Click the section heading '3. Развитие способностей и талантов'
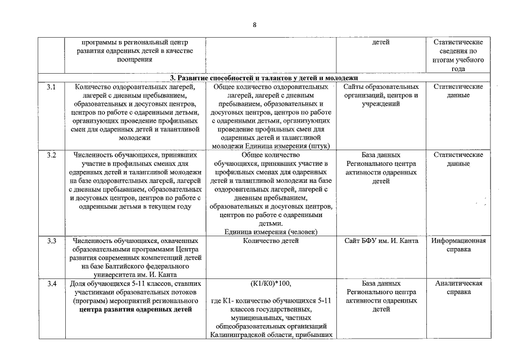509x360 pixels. [264, 78]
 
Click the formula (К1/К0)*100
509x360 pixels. [271, 283]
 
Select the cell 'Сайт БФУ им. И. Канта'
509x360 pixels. [381, 241]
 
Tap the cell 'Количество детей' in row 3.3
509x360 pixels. [271, 241]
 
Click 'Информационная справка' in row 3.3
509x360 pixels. [458, 245]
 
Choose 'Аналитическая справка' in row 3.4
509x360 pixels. [458, 288]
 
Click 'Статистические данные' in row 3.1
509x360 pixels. [458, 91]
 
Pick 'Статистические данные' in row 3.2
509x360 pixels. [458, 159]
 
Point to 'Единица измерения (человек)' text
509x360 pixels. [271, 232]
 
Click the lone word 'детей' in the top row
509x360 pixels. [381, 42]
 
